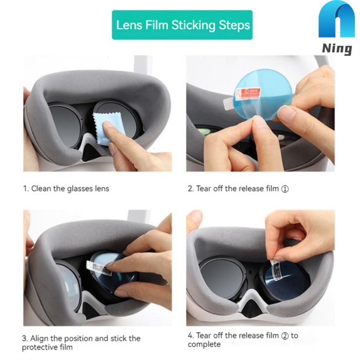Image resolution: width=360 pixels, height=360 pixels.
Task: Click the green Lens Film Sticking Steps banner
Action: [x=182, y=25]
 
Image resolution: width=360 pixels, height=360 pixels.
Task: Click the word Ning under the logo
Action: [x=337, y=49]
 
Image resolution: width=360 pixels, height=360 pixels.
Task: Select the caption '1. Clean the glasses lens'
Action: [x=66, y=189]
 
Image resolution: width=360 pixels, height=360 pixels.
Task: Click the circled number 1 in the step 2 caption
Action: [x=285, y=189]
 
